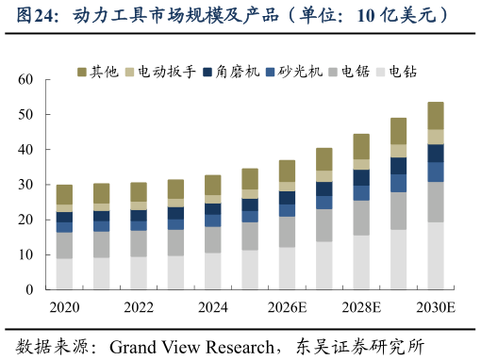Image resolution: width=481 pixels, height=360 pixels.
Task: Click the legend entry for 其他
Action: [98, 72]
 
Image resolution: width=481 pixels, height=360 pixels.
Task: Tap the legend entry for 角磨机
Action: [230, 72]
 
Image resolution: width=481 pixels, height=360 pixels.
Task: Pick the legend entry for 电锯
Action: [349, 72]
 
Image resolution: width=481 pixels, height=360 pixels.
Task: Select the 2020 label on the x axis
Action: [64, 307]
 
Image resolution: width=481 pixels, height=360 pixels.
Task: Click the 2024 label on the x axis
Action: [213, 307]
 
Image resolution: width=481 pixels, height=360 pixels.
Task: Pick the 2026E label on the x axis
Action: [287, 307]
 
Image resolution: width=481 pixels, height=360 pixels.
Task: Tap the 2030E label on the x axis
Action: [436, 307]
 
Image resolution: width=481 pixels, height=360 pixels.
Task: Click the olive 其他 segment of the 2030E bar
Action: [436, 115]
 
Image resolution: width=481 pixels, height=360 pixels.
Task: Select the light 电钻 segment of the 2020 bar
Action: [64, 274]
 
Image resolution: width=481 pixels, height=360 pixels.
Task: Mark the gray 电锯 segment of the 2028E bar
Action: [361, 218]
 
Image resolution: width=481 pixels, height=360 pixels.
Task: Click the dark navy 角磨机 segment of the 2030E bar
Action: [436, 153]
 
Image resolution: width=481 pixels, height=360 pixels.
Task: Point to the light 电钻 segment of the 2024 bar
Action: [213, 271]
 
